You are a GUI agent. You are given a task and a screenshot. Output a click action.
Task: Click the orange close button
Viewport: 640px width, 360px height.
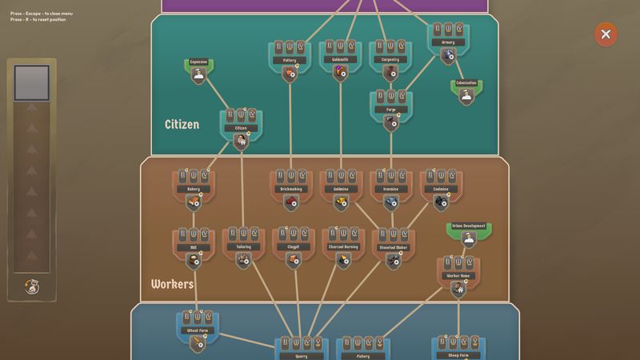606,34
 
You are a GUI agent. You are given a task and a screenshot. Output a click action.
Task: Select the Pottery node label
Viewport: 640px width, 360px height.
289,60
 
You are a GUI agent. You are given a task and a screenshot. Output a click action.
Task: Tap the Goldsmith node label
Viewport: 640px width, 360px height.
340,60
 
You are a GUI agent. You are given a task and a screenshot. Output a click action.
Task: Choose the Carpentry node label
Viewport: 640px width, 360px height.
390,60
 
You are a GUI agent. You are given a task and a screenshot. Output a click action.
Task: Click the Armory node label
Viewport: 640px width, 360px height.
448,42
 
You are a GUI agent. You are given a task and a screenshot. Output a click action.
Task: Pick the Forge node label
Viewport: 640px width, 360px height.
390,110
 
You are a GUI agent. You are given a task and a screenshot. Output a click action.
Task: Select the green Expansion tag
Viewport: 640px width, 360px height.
198,62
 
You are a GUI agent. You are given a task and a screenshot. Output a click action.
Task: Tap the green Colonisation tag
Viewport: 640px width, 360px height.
466,83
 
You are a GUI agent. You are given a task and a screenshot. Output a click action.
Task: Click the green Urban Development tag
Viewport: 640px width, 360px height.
469,226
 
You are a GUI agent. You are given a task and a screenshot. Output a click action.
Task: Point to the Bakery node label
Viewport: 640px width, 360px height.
194,190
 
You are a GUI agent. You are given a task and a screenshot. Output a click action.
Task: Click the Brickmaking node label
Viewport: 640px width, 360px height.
290,190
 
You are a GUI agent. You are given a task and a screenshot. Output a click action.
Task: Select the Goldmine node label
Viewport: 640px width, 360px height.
341,190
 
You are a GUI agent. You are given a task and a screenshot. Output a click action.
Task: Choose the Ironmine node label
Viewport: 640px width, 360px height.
391,190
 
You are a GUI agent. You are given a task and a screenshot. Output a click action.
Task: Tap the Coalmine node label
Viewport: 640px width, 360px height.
442,190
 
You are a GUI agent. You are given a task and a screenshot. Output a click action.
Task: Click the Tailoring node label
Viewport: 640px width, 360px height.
243,247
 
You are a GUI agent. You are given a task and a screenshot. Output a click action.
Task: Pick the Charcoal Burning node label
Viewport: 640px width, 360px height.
343,247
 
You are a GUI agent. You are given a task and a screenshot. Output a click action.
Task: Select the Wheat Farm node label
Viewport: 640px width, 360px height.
198,330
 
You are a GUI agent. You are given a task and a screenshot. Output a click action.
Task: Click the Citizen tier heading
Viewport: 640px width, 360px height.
182,125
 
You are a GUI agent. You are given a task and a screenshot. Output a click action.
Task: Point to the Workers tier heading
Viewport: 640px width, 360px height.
172,284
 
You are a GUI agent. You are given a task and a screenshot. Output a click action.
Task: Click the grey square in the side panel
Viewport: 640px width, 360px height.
32,82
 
